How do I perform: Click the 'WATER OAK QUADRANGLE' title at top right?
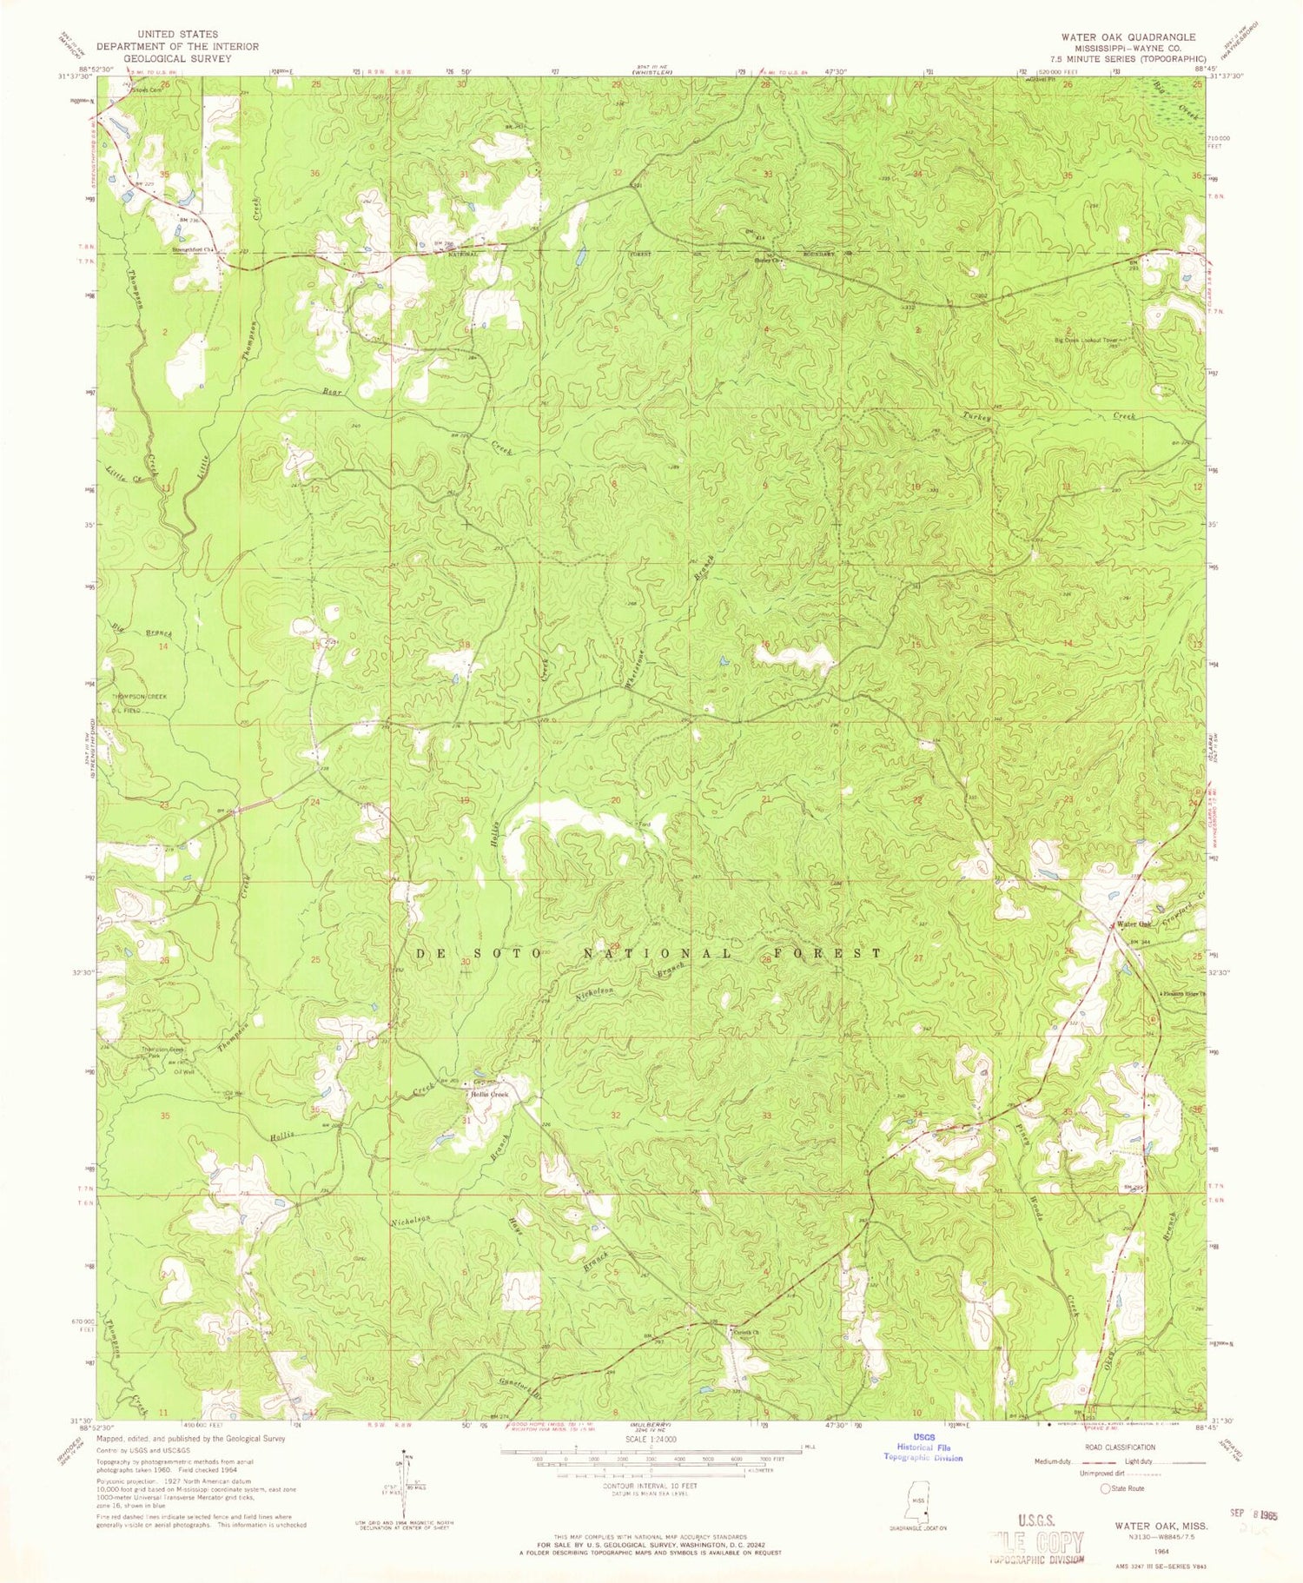pos(1127,37)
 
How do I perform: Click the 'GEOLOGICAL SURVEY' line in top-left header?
pos(163,59)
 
